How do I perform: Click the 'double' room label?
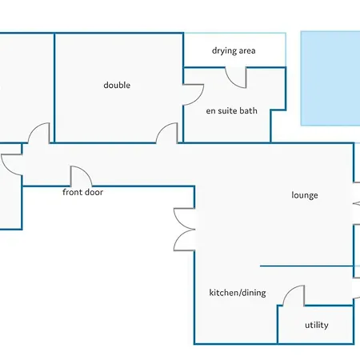[117, 86]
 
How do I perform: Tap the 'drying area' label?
[234, 50]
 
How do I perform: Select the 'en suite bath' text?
[231, 110]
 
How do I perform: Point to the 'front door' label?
[82, 192]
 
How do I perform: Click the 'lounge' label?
[305, 195]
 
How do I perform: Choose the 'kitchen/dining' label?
[238, 293]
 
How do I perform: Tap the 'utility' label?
[317, 325]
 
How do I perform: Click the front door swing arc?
[86, 172]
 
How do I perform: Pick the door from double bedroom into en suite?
[198, 98]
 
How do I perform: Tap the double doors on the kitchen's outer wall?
[184, 230]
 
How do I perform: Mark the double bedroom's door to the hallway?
[162, 128]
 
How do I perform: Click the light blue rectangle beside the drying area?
[330, 78]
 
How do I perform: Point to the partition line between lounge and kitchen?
[306, 266]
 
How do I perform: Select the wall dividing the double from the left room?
[54, 88]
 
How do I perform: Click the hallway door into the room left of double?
[34, 129]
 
